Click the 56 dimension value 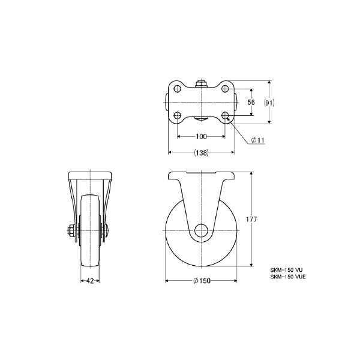(251, 102)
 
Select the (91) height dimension (269, 103)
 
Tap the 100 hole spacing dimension (201, 136)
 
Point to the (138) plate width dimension (202, 152)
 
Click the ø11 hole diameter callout (258, 140)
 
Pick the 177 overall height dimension (251, 219)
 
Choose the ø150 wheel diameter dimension (202, 281)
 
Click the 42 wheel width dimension (90, 281)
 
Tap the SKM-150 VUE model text (288, 277)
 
